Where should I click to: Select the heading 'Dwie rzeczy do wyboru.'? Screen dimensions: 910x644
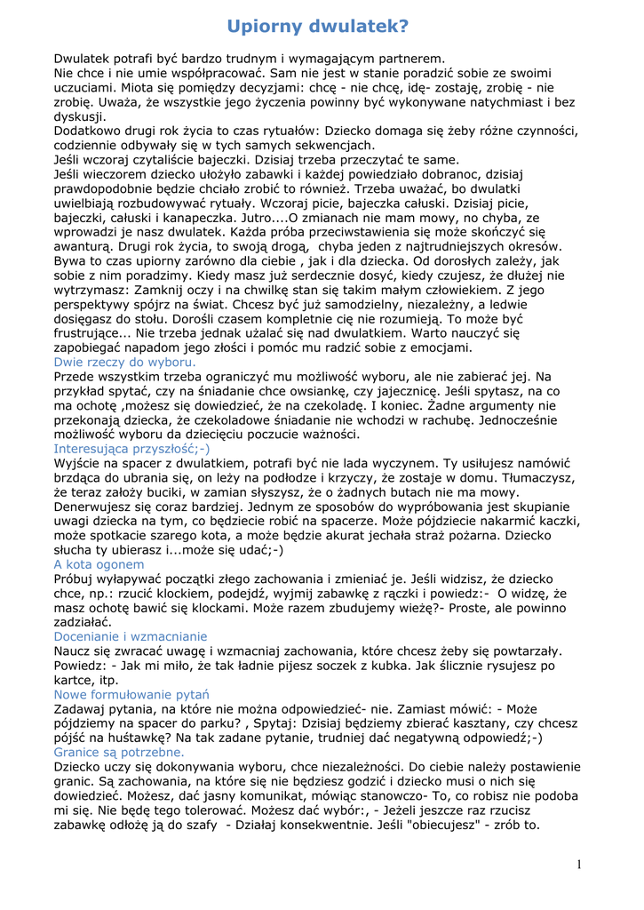[x=125, y=362]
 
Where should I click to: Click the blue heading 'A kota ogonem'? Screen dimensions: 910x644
[x=99, y=564]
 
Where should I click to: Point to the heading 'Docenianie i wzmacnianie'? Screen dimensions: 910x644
[x=131, y=636]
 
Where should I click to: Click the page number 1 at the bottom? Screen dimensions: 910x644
[x=579, y=865]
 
